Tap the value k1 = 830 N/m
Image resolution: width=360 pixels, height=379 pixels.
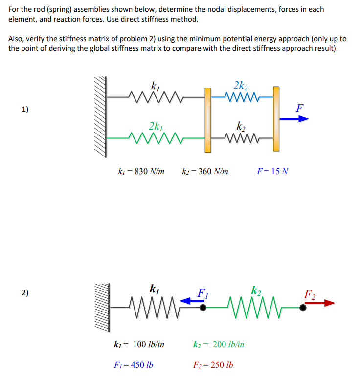(x=141, y=172)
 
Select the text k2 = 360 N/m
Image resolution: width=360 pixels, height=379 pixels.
(x=205, y=172)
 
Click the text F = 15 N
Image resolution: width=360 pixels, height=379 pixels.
(x=272, y=172)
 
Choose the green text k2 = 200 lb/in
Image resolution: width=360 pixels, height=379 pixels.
(x=219, y=344)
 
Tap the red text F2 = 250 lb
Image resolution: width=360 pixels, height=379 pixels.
(x=213, y=365)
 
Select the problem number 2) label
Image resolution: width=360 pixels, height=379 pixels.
(x=24, y=293)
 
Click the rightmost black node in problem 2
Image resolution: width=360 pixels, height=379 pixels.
(x=303, y=307)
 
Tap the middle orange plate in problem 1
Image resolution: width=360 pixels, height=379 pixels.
(x=208, y=119)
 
